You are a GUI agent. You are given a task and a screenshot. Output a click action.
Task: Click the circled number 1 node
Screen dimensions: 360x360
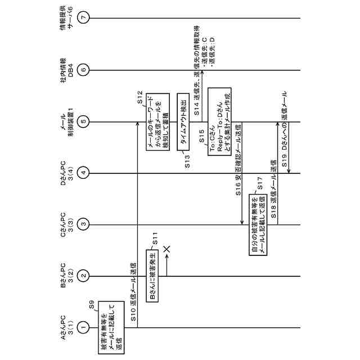click(x=84, y=325)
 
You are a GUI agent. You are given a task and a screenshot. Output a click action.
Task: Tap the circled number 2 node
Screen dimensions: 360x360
click(x=84, y=275)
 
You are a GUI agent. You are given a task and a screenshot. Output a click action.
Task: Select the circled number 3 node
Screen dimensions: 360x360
click(x=84, y=224)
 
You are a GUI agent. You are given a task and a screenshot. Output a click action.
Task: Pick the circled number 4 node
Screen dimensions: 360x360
click(x=84, y=172)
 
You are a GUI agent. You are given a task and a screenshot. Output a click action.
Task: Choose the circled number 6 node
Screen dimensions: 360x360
click(x=84, y=70)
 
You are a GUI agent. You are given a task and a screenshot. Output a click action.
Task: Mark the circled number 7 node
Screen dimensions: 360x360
click(x=84, y=18)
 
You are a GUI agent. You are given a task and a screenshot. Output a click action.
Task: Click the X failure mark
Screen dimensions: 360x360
click(x=166, y=248)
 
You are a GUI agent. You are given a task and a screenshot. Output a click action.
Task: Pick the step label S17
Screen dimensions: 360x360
click(x=260, y=185)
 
